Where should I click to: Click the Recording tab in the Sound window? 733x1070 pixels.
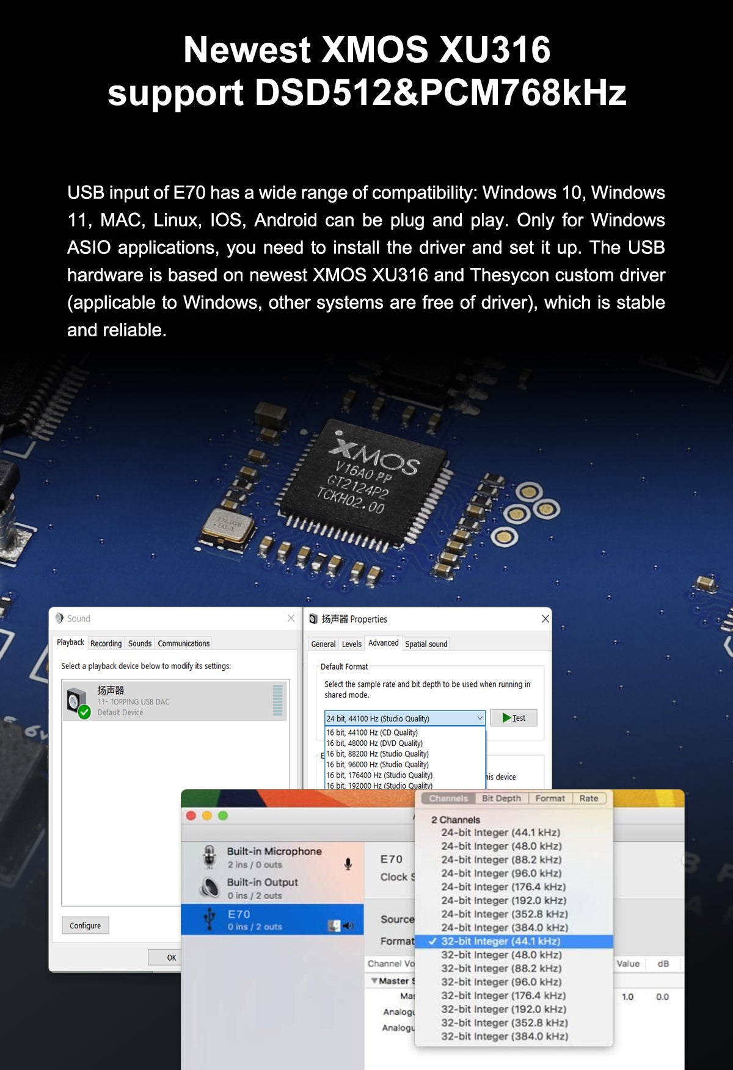click(x=106, y=643)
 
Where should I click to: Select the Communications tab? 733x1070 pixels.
click(x=183, y=643)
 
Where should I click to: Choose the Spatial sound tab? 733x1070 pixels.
click(x=426, y=644)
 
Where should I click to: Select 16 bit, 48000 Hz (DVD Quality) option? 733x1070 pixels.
click(x=374, y=743)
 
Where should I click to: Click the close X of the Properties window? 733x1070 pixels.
click(x=545, y=619)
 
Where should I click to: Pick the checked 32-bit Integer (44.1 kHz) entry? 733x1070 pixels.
click(x=500, y=941)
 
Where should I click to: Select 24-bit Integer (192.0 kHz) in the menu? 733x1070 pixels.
click(x=503, y=900)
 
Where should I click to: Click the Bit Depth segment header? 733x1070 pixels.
click(x=501, y=798)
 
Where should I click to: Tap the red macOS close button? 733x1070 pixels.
click(x=191, y=815)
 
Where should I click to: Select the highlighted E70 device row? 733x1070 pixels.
click(x=272, y=920)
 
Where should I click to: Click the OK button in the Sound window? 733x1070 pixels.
click(x=171, y=958)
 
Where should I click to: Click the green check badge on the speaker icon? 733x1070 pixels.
click(x=84, y=712)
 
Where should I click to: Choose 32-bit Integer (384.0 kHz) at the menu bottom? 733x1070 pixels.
click(x=505, y=1036)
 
